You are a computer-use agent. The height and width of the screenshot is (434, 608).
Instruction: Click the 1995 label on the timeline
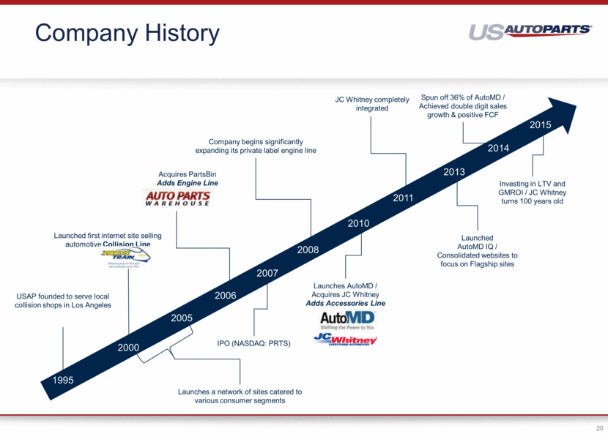point(63,380)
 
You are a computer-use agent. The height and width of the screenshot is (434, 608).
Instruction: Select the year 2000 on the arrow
point(129,347)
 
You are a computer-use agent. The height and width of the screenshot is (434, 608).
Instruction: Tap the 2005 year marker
point(182,318)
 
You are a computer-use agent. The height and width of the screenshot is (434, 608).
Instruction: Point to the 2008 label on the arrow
point(308,250)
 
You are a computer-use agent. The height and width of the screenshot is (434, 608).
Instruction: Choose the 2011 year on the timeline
point(403,198)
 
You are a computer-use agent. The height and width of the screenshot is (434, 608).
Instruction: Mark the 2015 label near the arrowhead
point(540,125)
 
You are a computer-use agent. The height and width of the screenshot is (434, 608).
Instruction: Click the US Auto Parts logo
point(530,31)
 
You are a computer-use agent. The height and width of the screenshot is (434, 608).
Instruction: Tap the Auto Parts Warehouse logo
point(177,198)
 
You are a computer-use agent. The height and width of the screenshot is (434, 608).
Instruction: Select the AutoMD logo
point(347,320)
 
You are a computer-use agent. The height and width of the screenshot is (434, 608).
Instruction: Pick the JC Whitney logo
point(345,340)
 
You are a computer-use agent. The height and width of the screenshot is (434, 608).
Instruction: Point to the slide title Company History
point(127,33)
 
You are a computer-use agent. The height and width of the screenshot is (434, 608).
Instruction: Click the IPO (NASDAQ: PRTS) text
point(254,343)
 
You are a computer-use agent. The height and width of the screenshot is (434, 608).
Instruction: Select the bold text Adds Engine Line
point(188,183)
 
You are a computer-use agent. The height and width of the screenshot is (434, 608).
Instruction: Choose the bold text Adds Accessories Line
point(345,303)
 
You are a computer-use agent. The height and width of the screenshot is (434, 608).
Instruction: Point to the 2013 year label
point(454,172)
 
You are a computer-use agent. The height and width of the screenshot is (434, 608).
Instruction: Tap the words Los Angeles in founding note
point(92,305)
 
